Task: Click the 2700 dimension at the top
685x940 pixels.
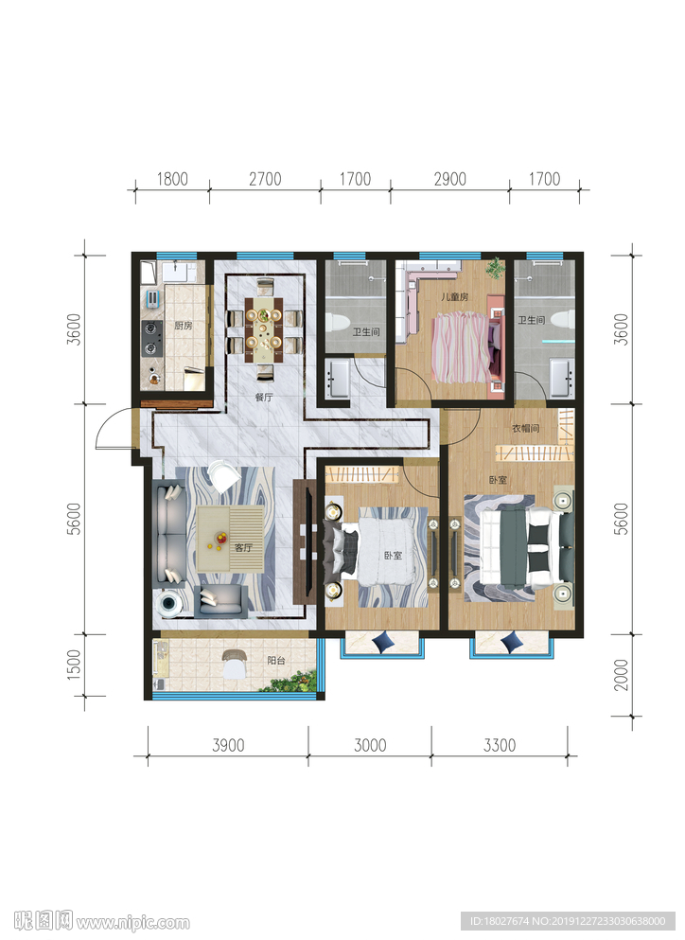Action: pos(265,179)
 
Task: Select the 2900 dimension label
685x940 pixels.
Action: pos(450,179)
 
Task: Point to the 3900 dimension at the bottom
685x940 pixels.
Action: pos(228,745)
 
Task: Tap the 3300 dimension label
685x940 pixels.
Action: pos(500,745)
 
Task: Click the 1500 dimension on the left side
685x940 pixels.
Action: pos(73,665)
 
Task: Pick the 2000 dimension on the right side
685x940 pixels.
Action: pos(622,675)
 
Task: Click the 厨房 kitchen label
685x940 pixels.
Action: pos(184,326)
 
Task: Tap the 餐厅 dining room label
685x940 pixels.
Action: pos(264,397)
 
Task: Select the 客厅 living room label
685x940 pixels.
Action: pos(243,547)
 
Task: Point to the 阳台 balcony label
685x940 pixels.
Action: pos(275,660)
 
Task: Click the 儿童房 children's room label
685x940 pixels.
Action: pos(454,296)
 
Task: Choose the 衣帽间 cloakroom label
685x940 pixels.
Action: pos(526,428)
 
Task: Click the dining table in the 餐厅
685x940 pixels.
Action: pos(263,328)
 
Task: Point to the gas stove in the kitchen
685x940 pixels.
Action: pos(152,338)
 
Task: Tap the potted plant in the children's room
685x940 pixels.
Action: pos(495,268)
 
